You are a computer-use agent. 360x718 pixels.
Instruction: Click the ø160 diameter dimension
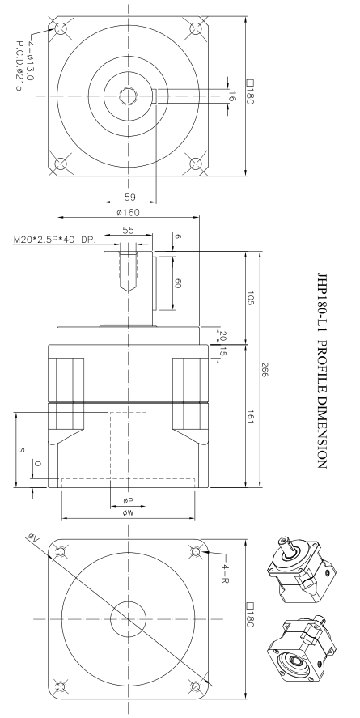tap(127, 212)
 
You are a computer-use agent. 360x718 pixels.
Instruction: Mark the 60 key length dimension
tap(178, 283)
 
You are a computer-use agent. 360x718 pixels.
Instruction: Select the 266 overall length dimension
tap(267, 370)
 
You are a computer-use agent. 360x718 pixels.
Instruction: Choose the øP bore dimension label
tap(127, 501)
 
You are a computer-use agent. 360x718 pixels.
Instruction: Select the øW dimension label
tap(127, 513)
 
